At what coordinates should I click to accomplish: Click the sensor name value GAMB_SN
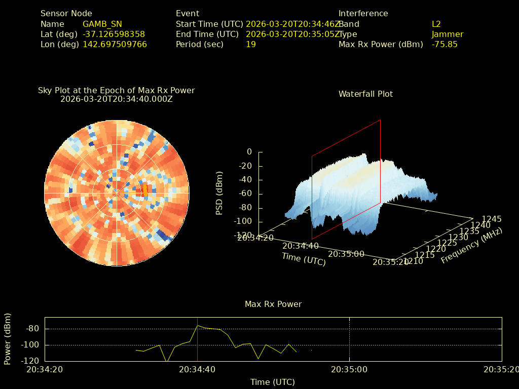tap(102, 24)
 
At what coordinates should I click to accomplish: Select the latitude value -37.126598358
tap(114, 34)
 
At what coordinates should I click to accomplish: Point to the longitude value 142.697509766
tap(115, 44)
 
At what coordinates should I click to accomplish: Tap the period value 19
tap(251, 44)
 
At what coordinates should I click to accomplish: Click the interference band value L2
tap(436, 24)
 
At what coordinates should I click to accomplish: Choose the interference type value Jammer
tap(447, 34)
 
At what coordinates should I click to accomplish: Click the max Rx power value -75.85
tap(444, 44)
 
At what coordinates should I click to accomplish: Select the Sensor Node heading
tap(66, 14)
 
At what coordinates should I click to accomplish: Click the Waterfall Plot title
tap(365, 94)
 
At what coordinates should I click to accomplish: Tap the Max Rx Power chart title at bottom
tap(273, 304)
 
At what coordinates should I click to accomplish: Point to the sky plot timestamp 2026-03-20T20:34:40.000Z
tap(117, 99)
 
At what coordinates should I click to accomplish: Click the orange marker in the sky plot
tap(145, 190)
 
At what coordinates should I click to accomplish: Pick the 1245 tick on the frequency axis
tap(492, 219)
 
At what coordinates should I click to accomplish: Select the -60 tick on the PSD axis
tap(245, 193)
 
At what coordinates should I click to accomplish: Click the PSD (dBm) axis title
tap(219, 193)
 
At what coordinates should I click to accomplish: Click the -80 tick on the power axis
tap(32, 329)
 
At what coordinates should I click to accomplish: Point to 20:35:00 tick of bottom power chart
tap(349, 369)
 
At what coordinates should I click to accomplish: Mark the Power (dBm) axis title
tap(8, 338)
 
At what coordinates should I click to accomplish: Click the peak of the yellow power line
tap(198, 326)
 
